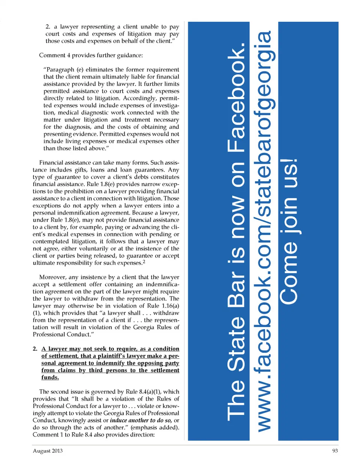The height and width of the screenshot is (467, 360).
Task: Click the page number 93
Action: pos(335,451)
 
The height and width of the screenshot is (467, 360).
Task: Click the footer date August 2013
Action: pos(48,451)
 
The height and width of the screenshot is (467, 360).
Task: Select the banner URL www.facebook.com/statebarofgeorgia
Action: pos(264,231)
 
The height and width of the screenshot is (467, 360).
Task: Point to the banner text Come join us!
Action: pos(289,231)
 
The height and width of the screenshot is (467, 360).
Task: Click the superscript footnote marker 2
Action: pos(144,261)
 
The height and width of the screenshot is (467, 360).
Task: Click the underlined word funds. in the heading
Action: pos(50,377)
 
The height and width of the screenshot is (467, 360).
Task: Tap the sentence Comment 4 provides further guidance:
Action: pos(91,55)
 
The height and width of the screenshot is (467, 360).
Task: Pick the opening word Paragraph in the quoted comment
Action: pos(60,69)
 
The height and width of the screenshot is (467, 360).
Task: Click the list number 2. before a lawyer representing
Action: pos(48,27)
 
